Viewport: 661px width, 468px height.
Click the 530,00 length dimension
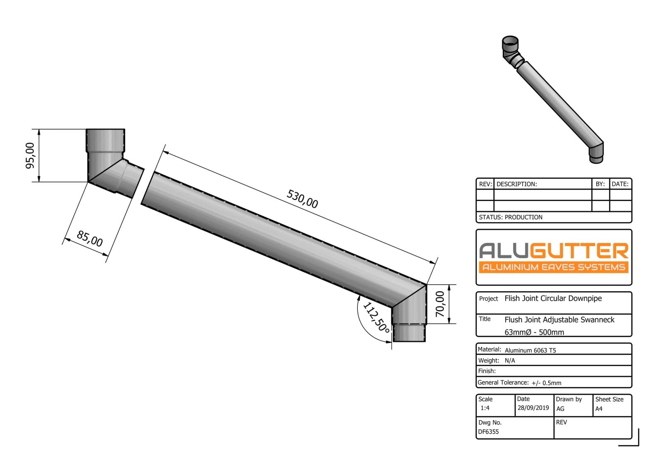(x=302, y=199)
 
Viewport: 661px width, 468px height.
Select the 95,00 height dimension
(x=31, y=156)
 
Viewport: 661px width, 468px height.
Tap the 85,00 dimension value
(x=90, y=239)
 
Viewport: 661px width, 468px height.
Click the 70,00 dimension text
(x=440, y=304)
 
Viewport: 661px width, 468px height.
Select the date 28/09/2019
(x=533, y=408)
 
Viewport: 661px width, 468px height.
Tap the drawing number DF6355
(x=488, y=432)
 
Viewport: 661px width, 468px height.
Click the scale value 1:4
(x=485, y=408)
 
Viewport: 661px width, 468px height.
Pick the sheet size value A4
(x=599, y=409)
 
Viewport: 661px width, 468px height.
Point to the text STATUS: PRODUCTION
(x=511, y=217)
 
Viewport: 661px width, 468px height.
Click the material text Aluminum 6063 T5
(x=530, y=350)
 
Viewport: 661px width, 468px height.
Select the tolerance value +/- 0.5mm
(x=546, y=383)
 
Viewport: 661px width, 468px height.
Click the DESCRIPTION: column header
(x=516, y=184)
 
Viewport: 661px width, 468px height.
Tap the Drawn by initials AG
(x=560, y=409)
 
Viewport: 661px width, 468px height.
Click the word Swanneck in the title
(x=597, y=320)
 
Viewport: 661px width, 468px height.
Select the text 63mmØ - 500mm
(x=534, y=332)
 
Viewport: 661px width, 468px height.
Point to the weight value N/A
(x=510, y=361)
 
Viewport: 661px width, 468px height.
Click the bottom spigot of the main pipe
(x=409, y=333)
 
